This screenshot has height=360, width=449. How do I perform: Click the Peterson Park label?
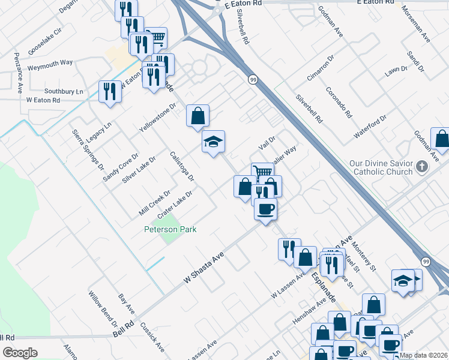pyautogui.click(x=170, y=229)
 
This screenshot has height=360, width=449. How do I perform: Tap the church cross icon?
pyautogui.click(x=422, y=167)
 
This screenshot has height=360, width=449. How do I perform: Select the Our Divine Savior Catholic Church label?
pyautogui.click(x=382, y=167)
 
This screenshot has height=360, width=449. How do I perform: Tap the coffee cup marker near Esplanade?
pyautogui.click(x=265, y=209)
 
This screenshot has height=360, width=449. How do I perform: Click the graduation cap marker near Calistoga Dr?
pyautogui.click(x=213, y=142)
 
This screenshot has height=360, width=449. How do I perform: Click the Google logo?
pyautogui.click(x=20, y=353)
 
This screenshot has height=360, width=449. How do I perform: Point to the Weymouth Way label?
pyautogui.click(x=50, y=62)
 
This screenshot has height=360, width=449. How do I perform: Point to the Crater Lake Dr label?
pyautogui.click(x=175, y=205)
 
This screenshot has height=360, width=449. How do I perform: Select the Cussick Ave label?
pyautogui.click(x=152, y=340)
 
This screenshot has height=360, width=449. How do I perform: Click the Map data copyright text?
pyautogui.click(x=424, y=355)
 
